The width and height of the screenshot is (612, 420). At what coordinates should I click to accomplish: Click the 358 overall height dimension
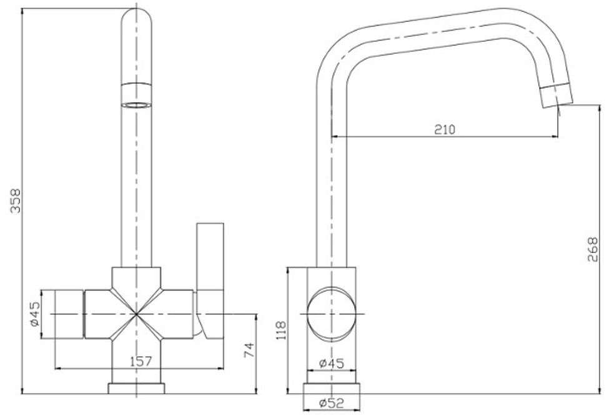[x=16, y=201]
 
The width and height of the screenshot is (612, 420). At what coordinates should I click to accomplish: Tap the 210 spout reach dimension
[x=445, y=129]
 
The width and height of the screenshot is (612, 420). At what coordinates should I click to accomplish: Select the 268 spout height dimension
[x=593, y=249]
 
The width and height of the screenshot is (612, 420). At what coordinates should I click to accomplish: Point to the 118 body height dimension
[x=282, y=330]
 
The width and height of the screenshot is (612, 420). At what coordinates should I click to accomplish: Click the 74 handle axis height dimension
[x=249, y=349]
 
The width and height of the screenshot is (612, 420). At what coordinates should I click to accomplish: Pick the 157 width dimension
[x=141, y=361]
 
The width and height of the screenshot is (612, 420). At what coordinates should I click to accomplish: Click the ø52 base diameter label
[x=332, y=402]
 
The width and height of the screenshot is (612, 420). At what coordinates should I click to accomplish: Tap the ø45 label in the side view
[x=332, y=363]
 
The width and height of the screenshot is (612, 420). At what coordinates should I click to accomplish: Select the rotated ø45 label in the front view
[x=35, y=314]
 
